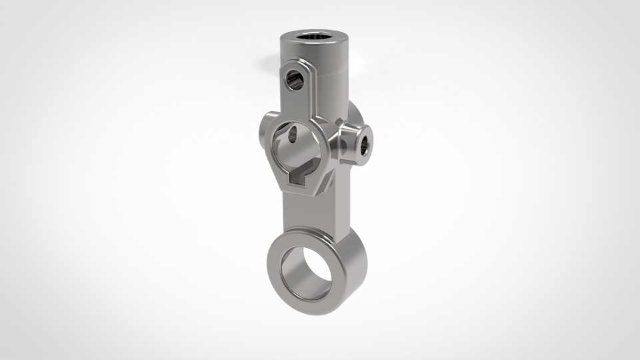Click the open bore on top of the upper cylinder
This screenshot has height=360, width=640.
(x=312, y=37)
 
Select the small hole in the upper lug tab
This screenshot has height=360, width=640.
(x=294, y=81)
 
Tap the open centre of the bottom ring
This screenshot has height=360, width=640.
(x=307, y=273)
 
